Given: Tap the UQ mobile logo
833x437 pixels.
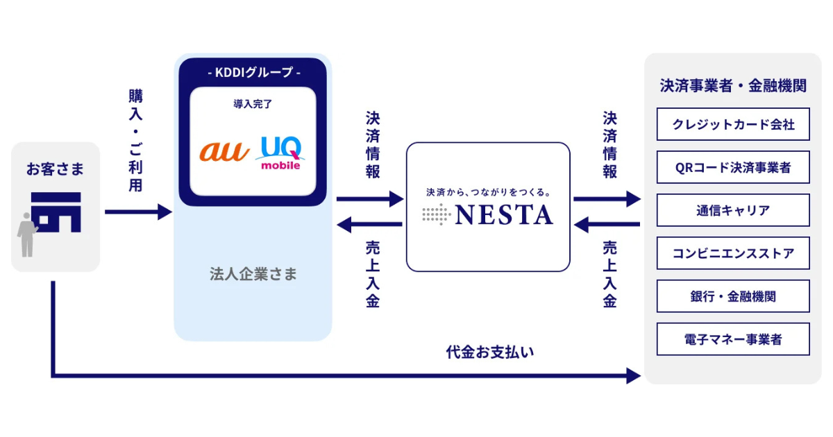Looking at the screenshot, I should tap(281, 153).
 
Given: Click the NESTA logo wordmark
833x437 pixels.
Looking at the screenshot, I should tap(503, 214).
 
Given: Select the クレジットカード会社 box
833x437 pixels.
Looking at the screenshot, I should tap(733, 125).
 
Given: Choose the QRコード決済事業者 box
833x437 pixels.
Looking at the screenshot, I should tap(733, 167).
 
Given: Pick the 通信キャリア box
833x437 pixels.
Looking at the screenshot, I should tap(733, 210).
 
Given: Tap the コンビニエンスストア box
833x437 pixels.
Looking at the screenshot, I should tap(733, 253).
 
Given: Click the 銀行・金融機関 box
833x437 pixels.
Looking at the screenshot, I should tap(733, 296).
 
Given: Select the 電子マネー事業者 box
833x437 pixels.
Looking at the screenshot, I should tap(733, 339).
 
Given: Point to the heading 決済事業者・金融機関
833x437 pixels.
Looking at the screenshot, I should tap(733, 86).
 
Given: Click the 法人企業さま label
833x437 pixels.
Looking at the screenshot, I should tap(253, 274).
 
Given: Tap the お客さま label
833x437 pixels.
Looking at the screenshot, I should tap(54, 168).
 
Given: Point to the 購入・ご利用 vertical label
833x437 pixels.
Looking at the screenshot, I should tap(135, 139).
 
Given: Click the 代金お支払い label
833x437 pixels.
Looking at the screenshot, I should tap(489, 352).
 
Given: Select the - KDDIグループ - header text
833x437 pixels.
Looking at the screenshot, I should tap(253, 72).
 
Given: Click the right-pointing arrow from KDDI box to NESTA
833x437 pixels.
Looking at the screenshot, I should tap(369, 199).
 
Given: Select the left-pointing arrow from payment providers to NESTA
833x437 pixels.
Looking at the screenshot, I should tap(607, 224).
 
